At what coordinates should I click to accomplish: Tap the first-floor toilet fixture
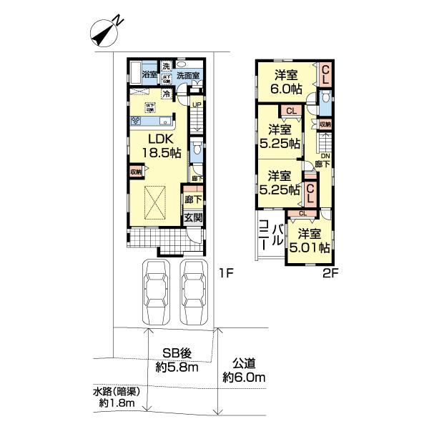point(197,153)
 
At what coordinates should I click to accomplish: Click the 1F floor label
point(226,273)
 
